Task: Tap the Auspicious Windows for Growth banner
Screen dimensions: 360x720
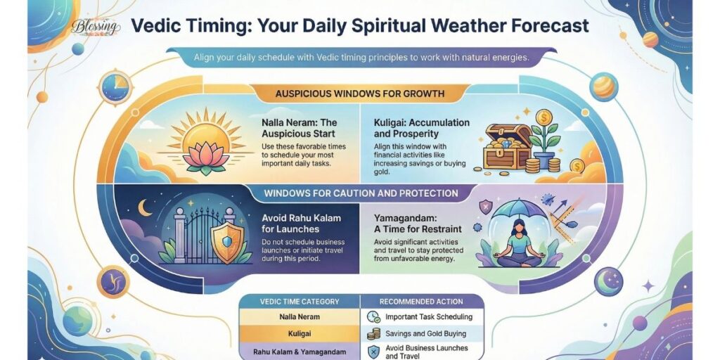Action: click(x=359, y=94)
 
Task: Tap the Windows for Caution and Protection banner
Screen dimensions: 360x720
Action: click(x=360, y=193)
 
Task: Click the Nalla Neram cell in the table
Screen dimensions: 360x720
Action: click(x=300, y=316)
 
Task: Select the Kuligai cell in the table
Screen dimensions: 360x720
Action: click(x=300, y=333)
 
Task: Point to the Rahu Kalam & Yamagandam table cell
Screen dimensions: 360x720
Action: click(x=300, y=350)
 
